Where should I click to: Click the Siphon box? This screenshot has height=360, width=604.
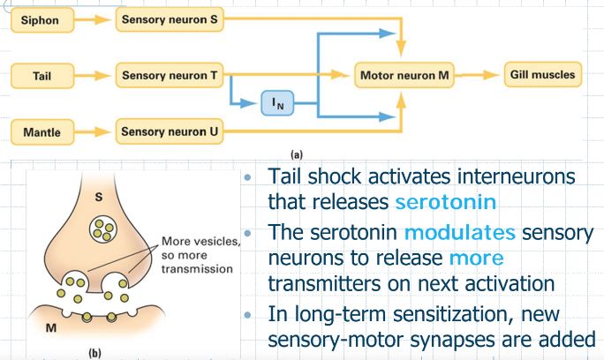[42, 20]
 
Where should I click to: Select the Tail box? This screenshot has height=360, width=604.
[42, 76]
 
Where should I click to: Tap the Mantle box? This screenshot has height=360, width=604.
[42, 132]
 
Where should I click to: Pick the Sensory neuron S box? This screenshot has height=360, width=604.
[170, 19]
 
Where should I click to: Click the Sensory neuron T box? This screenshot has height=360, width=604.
[170, 75]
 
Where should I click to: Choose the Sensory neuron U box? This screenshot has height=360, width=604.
[170, 131]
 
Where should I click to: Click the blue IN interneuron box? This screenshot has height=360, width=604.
[277, 103]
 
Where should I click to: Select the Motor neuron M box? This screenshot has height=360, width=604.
[404, 75]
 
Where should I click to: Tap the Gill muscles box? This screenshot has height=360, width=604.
[543, 74]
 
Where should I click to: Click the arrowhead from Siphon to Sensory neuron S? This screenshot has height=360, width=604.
[103, 19]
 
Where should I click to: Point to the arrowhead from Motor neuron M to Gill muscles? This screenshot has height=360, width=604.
[492, 75]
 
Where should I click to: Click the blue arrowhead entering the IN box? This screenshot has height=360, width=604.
[248, 103]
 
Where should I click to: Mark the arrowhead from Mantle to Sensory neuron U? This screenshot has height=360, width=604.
[103, 132]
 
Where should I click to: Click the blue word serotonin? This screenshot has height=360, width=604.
[446, 202]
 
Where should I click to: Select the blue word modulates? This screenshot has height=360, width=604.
[460, 232]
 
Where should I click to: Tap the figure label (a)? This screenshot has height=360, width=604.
[297, 154]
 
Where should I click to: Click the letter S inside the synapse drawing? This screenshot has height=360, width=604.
[99, 197]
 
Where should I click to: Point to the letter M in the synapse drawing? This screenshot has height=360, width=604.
[51, 327]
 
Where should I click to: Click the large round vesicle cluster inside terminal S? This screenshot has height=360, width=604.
[103, 229]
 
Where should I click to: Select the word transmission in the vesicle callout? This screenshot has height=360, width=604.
[197, 269]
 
